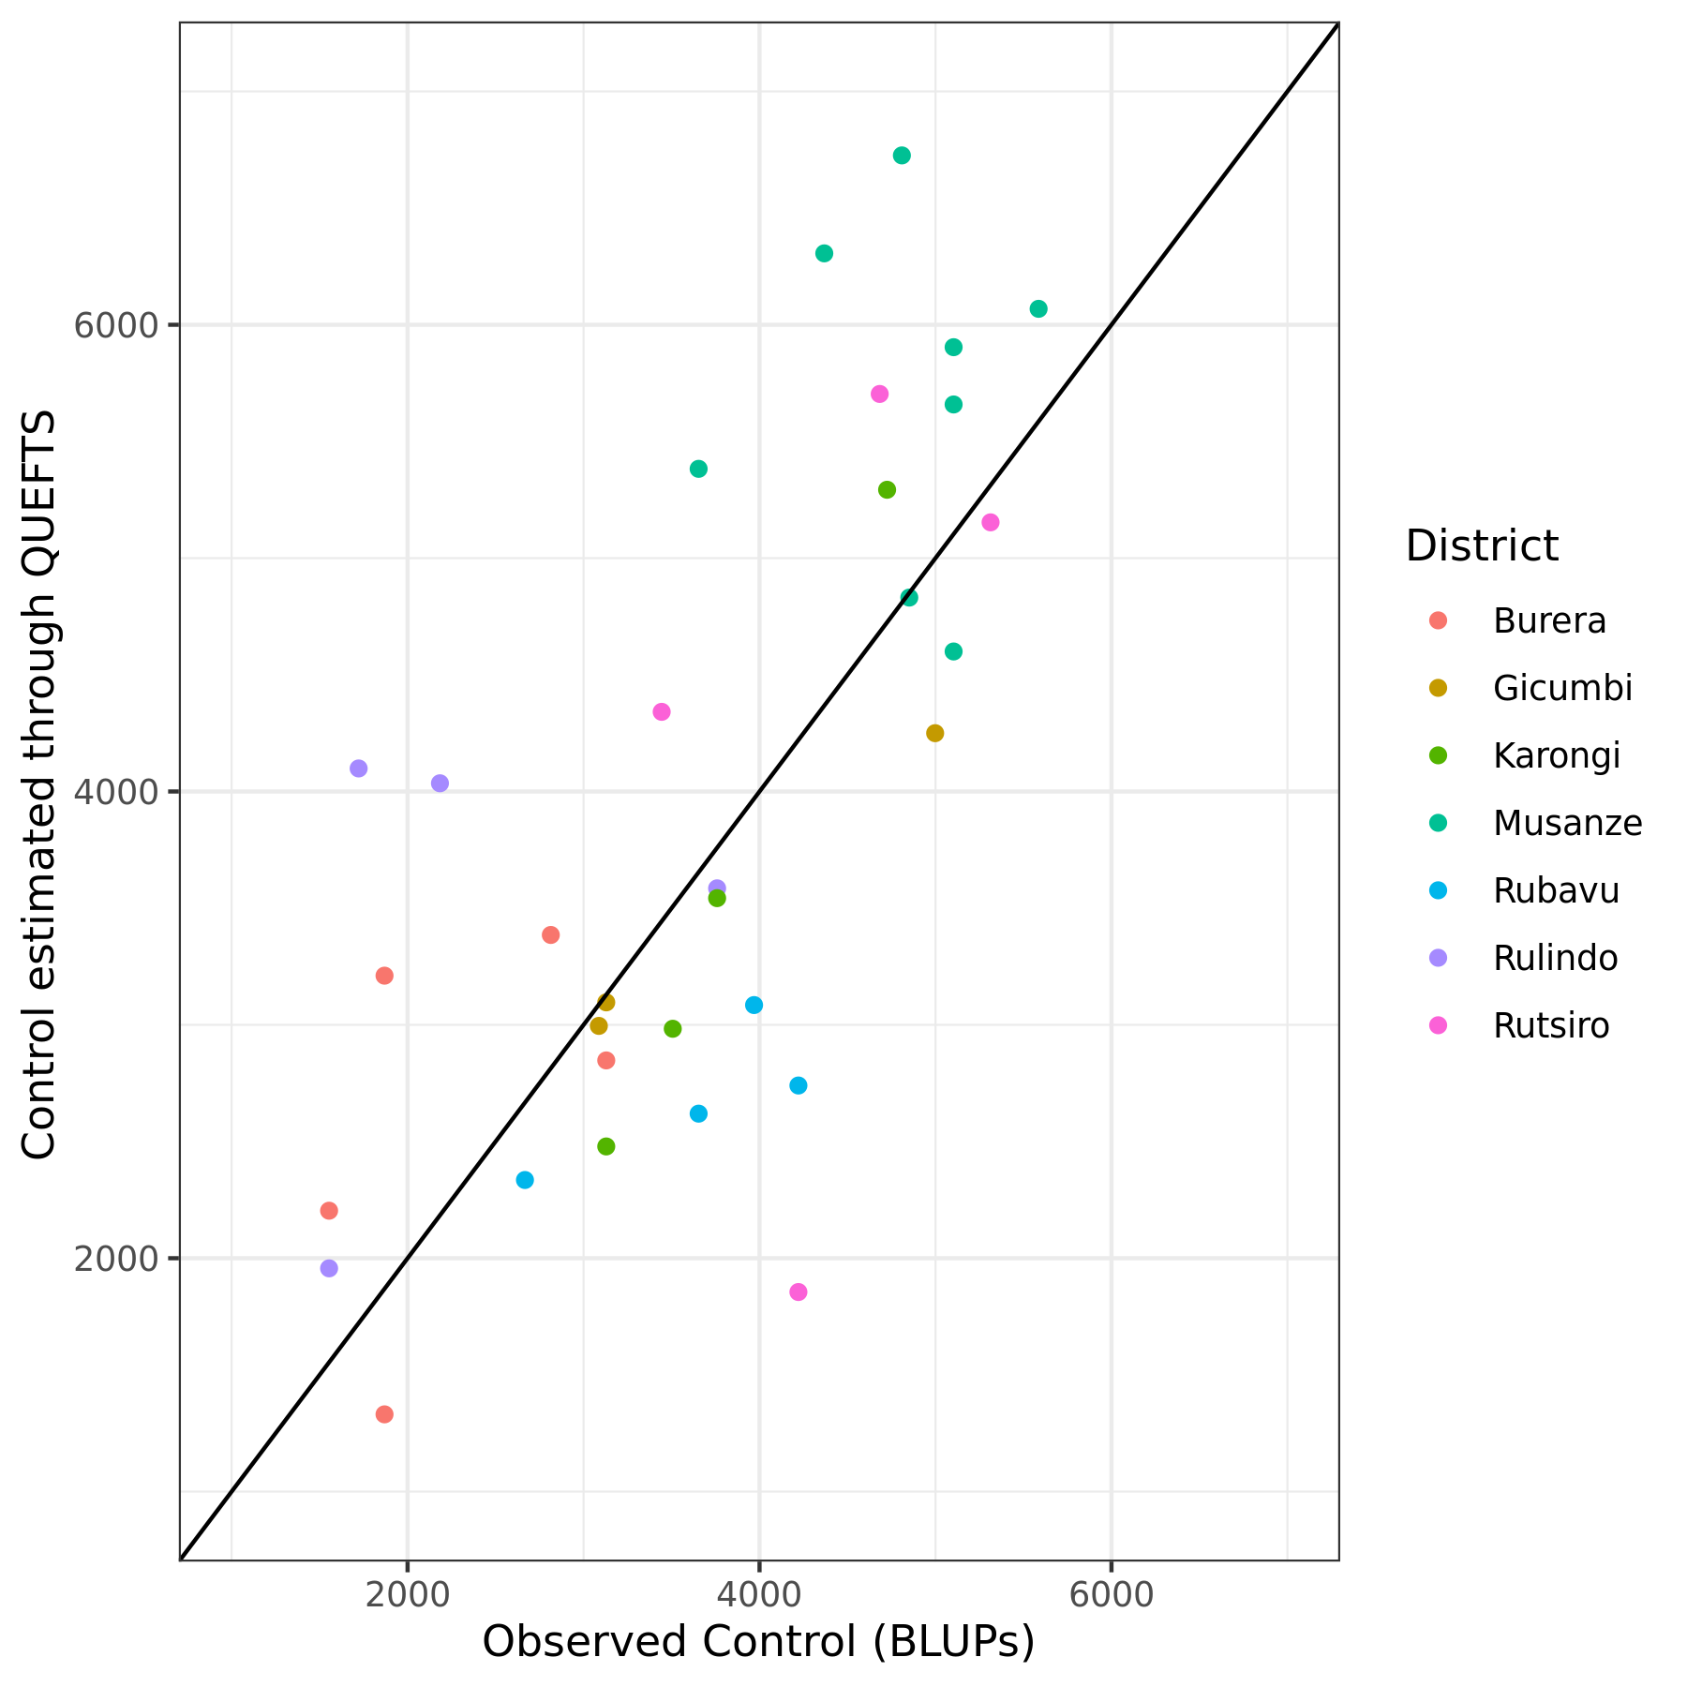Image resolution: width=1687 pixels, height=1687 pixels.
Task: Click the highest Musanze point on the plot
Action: [902, 156]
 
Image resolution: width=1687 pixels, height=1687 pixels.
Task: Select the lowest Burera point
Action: [384, 1414]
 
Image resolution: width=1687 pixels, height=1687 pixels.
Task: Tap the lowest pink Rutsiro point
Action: [799, 1292]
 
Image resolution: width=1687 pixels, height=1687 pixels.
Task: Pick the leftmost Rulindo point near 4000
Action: [358, 769]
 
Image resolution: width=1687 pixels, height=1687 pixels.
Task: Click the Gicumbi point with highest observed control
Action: [934, 733]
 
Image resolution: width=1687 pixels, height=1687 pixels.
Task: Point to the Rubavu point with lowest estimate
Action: [525, 1180]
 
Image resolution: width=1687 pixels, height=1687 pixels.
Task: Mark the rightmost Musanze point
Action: [1038, 309]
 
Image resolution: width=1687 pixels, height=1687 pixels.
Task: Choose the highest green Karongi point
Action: [888, 490]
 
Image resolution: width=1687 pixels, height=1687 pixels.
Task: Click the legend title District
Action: [1482, 545]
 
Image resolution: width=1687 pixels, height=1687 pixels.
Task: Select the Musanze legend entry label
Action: [1567, 823]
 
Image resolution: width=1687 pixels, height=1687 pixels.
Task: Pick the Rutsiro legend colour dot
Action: [1438, 1025]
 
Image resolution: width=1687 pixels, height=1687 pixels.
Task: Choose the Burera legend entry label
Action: [1549, 620]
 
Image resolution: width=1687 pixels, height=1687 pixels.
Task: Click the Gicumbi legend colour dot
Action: [1438, 688]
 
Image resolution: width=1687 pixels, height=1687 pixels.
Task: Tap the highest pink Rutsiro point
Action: [879, 394]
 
